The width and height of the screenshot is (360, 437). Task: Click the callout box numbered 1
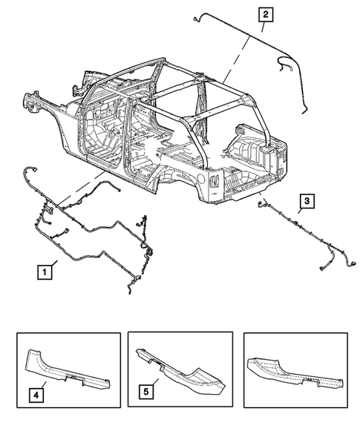point(45,272)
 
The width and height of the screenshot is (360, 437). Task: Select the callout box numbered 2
point(265,13)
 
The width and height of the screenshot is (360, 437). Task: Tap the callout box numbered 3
point(307,200)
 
